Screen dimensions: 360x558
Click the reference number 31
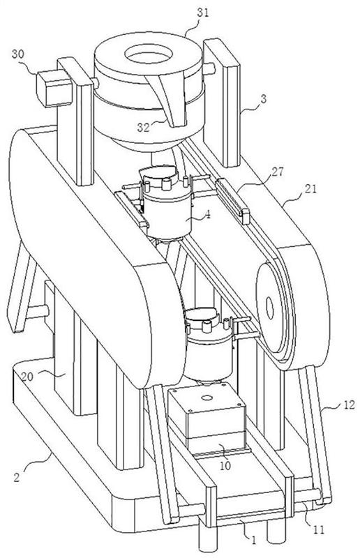[203, 13]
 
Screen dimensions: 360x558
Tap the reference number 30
[18, 54]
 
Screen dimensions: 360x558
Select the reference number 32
[144, 128]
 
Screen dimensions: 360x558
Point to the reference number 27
[278, 172]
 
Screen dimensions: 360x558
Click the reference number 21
[310, 189]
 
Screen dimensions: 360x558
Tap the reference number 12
[349, 405]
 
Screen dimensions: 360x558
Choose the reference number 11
[319, 530]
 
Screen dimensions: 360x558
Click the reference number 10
[225, 465]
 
